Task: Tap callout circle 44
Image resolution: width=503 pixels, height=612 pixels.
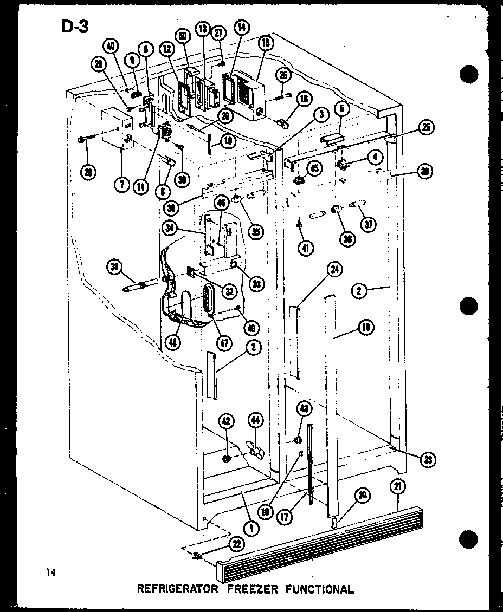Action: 255,420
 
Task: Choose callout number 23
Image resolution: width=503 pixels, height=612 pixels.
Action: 428,459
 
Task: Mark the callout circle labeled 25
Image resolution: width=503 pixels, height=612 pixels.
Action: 427,128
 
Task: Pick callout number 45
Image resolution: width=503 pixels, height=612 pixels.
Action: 313,168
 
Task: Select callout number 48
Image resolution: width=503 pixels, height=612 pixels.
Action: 174,342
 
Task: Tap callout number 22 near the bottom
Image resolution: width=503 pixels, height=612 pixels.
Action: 236,544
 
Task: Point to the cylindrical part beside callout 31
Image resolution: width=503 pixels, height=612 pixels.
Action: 140,285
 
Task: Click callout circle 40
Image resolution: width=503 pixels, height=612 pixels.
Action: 111,47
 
